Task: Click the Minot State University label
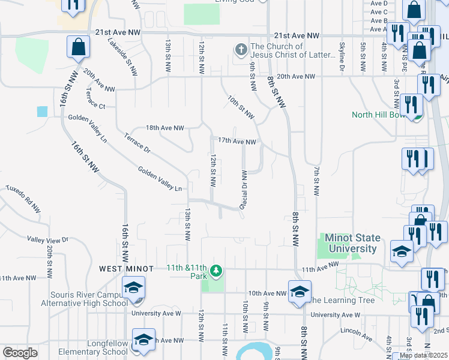tap(351, 243)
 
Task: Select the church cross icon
tap(241, 50)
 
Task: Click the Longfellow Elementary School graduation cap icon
tap(144, 340)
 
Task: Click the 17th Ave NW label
tap(237, 142)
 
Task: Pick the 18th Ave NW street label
tap(166, 128)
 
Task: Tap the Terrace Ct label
tap(95, 106)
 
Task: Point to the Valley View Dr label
tap(48, 239)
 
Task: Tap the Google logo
tap(20, 352)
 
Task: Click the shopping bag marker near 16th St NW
tap(79, 47)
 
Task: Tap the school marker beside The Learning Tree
tap(299, 292)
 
